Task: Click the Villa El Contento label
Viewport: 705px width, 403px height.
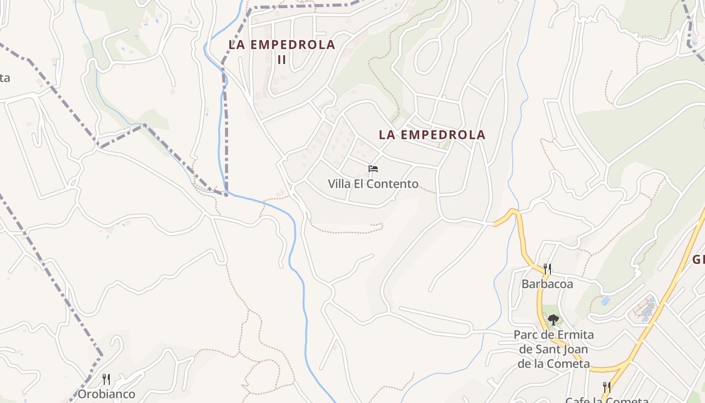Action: pyautogui.click(x=373, y=184)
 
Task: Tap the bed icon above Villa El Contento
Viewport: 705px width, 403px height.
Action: pyautogui.click(x=373, y=168)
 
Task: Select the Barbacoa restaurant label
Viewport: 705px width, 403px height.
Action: pyautogui.click(x=547, y=284)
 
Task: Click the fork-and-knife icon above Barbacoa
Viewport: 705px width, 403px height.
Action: pyautogui.click(x=547, y=268)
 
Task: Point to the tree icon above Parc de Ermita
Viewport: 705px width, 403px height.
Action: pyautogui.click(x=553, y=319)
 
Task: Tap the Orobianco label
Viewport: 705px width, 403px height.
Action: pyautogui.click(x=106, y=394)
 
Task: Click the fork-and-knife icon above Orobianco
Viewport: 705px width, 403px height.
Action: pyautogui.click(x=106, y=379)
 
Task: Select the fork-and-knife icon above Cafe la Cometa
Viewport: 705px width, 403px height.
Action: pyautogui.click(x=606, y=387)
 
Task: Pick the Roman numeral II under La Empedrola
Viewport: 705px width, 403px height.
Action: pyautogui.click(x=282, y=59)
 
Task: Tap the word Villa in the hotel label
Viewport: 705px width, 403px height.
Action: pyautogui.click(x=339, y=184)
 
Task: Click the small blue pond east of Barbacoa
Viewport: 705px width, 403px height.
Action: pyautogui.click(x=605, y=301)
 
